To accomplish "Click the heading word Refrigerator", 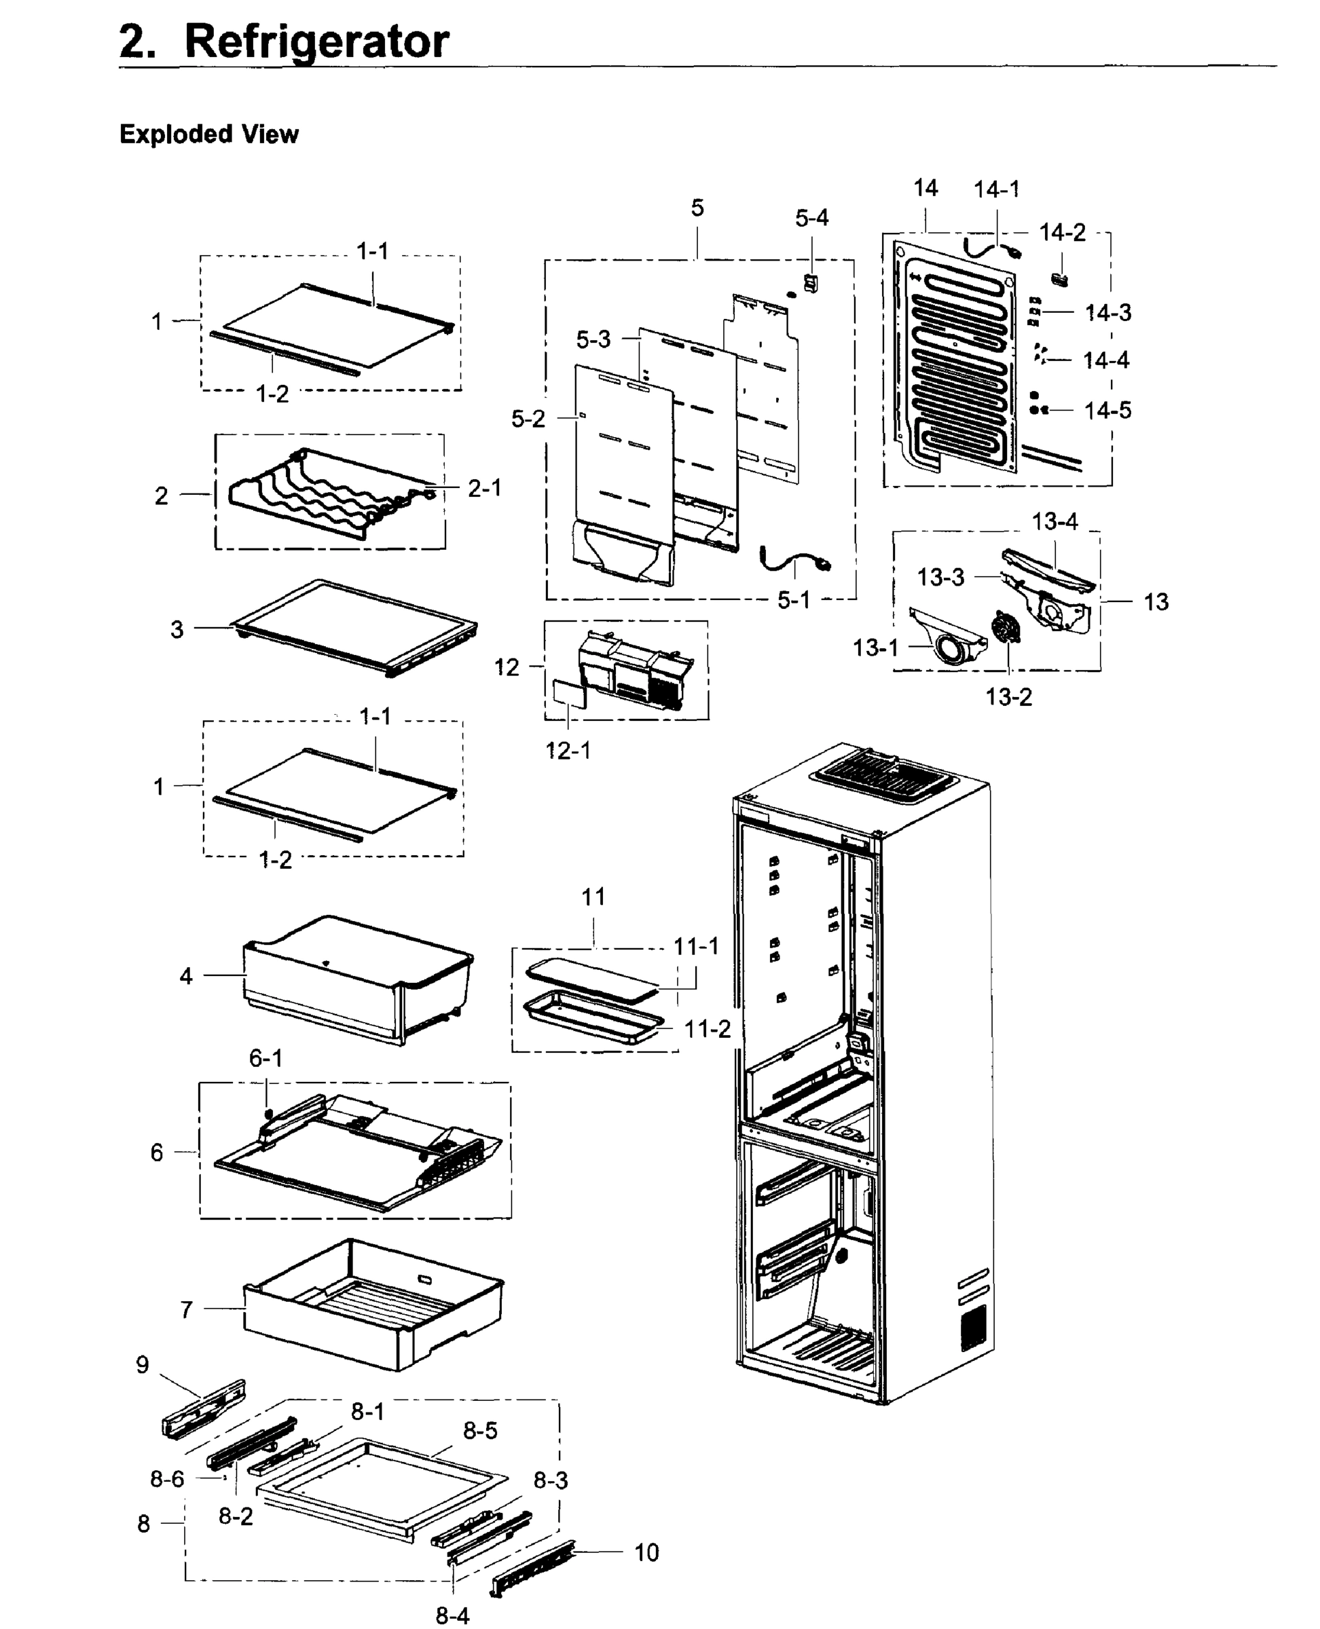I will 316,42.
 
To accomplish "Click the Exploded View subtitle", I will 209,134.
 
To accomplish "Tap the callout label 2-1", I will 484,488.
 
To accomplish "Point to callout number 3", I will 177,629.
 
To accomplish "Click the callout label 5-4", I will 811,218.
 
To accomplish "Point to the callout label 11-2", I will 707,1029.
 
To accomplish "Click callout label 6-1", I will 265,1058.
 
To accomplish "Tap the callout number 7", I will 186,1310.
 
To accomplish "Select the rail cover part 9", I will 204,1408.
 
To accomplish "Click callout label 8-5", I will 480,1431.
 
